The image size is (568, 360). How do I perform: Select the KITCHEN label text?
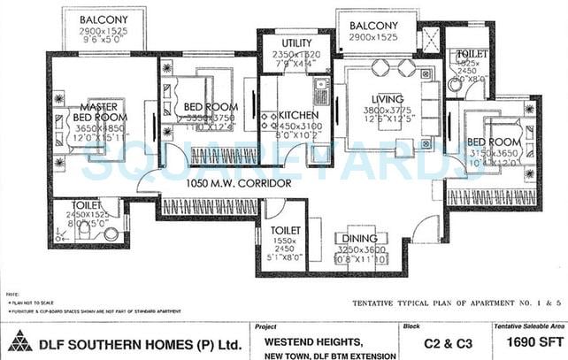[x=298, y=116]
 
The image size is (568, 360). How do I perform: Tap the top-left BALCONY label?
[x=101, y=19]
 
